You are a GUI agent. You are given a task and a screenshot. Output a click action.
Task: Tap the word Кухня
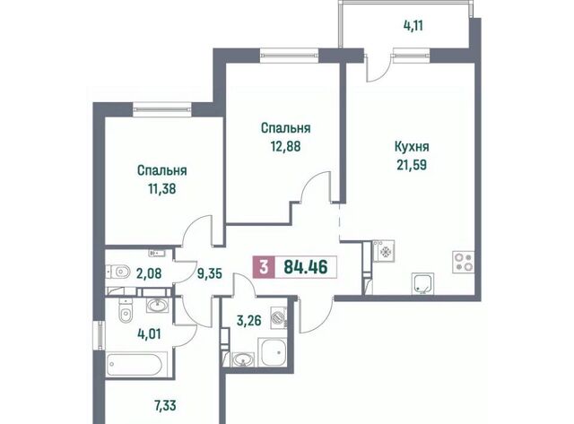tap(412, 147)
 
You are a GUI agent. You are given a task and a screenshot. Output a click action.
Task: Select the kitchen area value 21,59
tap(412, 165)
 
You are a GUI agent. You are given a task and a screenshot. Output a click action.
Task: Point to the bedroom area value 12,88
tap(285, 146)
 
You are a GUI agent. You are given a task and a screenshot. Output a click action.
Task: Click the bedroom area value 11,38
tap(161, 189)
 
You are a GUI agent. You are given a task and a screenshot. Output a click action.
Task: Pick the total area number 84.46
tap(306, 267)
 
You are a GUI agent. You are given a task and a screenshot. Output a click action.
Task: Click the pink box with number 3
tap(263, 267)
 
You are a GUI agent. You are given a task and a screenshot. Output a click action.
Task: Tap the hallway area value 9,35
tap(209, 273)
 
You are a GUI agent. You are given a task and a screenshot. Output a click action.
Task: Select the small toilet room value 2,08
tap(149, 273)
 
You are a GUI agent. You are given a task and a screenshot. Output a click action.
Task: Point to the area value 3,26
tap(249, 321)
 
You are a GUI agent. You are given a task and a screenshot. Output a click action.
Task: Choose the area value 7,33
tap(163, 405)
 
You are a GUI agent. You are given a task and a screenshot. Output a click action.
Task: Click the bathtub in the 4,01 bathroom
tap(137, 364)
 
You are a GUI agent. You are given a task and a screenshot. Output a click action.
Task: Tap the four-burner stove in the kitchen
tap(464, 262)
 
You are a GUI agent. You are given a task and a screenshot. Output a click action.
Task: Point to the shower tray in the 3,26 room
tap(272, 352)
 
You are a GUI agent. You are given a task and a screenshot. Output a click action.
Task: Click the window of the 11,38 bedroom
tap(162, 109)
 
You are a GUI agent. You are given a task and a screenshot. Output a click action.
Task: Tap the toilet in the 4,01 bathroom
tap(126, 310)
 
